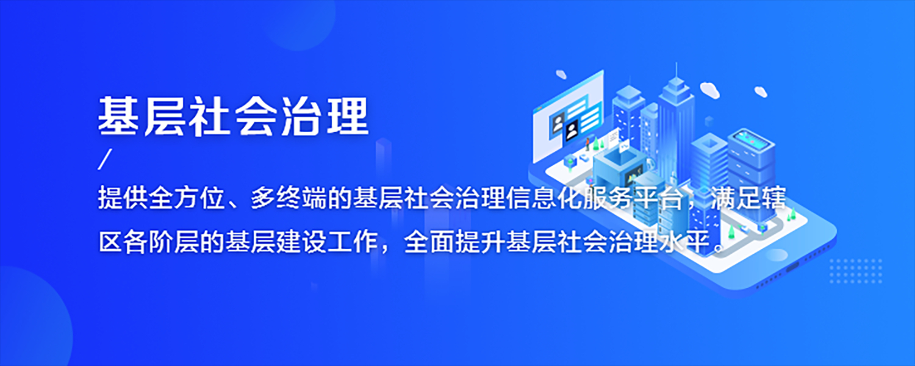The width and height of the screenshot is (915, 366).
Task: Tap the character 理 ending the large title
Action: point(348,117)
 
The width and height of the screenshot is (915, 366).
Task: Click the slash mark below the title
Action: point(105,159)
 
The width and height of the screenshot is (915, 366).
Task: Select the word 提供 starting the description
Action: point(123,198)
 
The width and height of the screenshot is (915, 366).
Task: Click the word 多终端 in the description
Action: point(290,198)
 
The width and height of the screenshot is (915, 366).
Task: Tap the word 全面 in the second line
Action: point(429,242)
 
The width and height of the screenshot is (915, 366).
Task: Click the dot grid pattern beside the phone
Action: point(856,271)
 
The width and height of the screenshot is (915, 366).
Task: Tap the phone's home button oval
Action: point(777,255)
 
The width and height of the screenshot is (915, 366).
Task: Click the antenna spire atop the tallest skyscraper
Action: point(676,70)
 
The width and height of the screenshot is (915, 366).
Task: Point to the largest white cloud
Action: point(710,90)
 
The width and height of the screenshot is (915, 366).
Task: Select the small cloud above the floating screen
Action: point(561,74)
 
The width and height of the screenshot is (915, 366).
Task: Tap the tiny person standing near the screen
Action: point(588,143)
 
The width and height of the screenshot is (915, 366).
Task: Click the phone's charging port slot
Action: point(792,266)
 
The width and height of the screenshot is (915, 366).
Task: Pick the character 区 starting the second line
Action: point(111,242)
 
